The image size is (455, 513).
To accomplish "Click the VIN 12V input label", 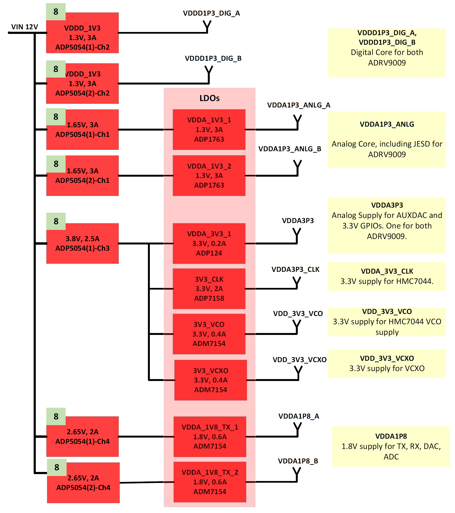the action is pos(25,27).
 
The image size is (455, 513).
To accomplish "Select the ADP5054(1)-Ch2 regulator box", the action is pos(82,33).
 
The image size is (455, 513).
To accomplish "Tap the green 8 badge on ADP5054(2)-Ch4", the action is pos(57,467).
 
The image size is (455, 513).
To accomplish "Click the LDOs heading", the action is pos(209,98).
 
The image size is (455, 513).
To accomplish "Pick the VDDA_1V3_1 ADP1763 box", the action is pos(209,130).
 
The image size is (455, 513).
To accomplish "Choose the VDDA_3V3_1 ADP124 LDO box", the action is pos(209,243).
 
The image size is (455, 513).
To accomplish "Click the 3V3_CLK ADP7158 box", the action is pos(209,289).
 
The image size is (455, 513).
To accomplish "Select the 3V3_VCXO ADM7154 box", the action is pos(210,380).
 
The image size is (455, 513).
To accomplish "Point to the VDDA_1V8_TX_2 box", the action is pos(210,482).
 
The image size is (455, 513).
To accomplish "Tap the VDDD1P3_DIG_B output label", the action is pos(213,58).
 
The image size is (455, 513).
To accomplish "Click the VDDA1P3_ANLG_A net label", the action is pos(298,105).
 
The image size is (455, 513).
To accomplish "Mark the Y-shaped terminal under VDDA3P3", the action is pos(297,235).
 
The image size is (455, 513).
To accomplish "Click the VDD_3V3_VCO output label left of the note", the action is pos(298,313).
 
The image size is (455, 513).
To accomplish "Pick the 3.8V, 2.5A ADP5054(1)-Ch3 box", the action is pos(82,243).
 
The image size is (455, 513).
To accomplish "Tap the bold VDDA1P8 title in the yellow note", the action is pos(391,436).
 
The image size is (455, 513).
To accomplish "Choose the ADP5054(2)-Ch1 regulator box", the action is pos(82,176).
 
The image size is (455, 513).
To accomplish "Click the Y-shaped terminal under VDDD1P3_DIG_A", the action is pos(207,26).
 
